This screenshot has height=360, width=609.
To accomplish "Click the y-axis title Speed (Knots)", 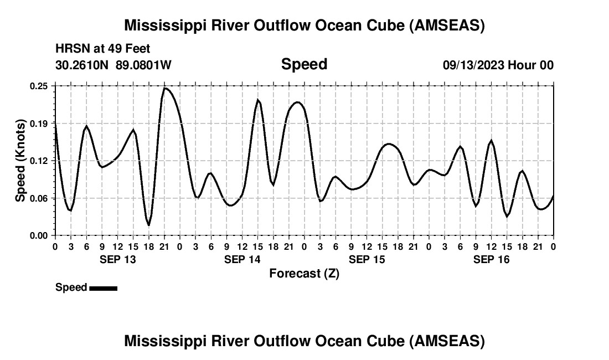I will [20, 161].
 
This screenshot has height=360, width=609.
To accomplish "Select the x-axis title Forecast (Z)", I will [304, 273].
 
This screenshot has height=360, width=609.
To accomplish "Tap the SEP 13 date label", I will [117, 259].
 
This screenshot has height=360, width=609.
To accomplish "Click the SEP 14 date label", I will [242, 259].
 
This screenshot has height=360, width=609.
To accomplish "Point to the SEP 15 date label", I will [367, 259].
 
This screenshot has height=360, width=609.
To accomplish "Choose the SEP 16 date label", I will [491, 259].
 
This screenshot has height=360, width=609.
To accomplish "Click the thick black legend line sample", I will [103, 288].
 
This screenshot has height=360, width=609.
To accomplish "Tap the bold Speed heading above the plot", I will [304, 64].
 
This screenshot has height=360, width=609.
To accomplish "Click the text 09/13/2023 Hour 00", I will [498, 65].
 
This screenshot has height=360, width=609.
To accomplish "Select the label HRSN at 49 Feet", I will [102, 49].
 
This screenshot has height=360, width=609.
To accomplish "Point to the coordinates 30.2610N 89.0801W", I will [113, 65].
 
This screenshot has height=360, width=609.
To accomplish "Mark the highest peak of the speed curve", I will [165, 88].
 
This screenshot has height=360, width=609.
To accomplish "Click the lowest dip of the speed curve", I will [149, 225].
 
